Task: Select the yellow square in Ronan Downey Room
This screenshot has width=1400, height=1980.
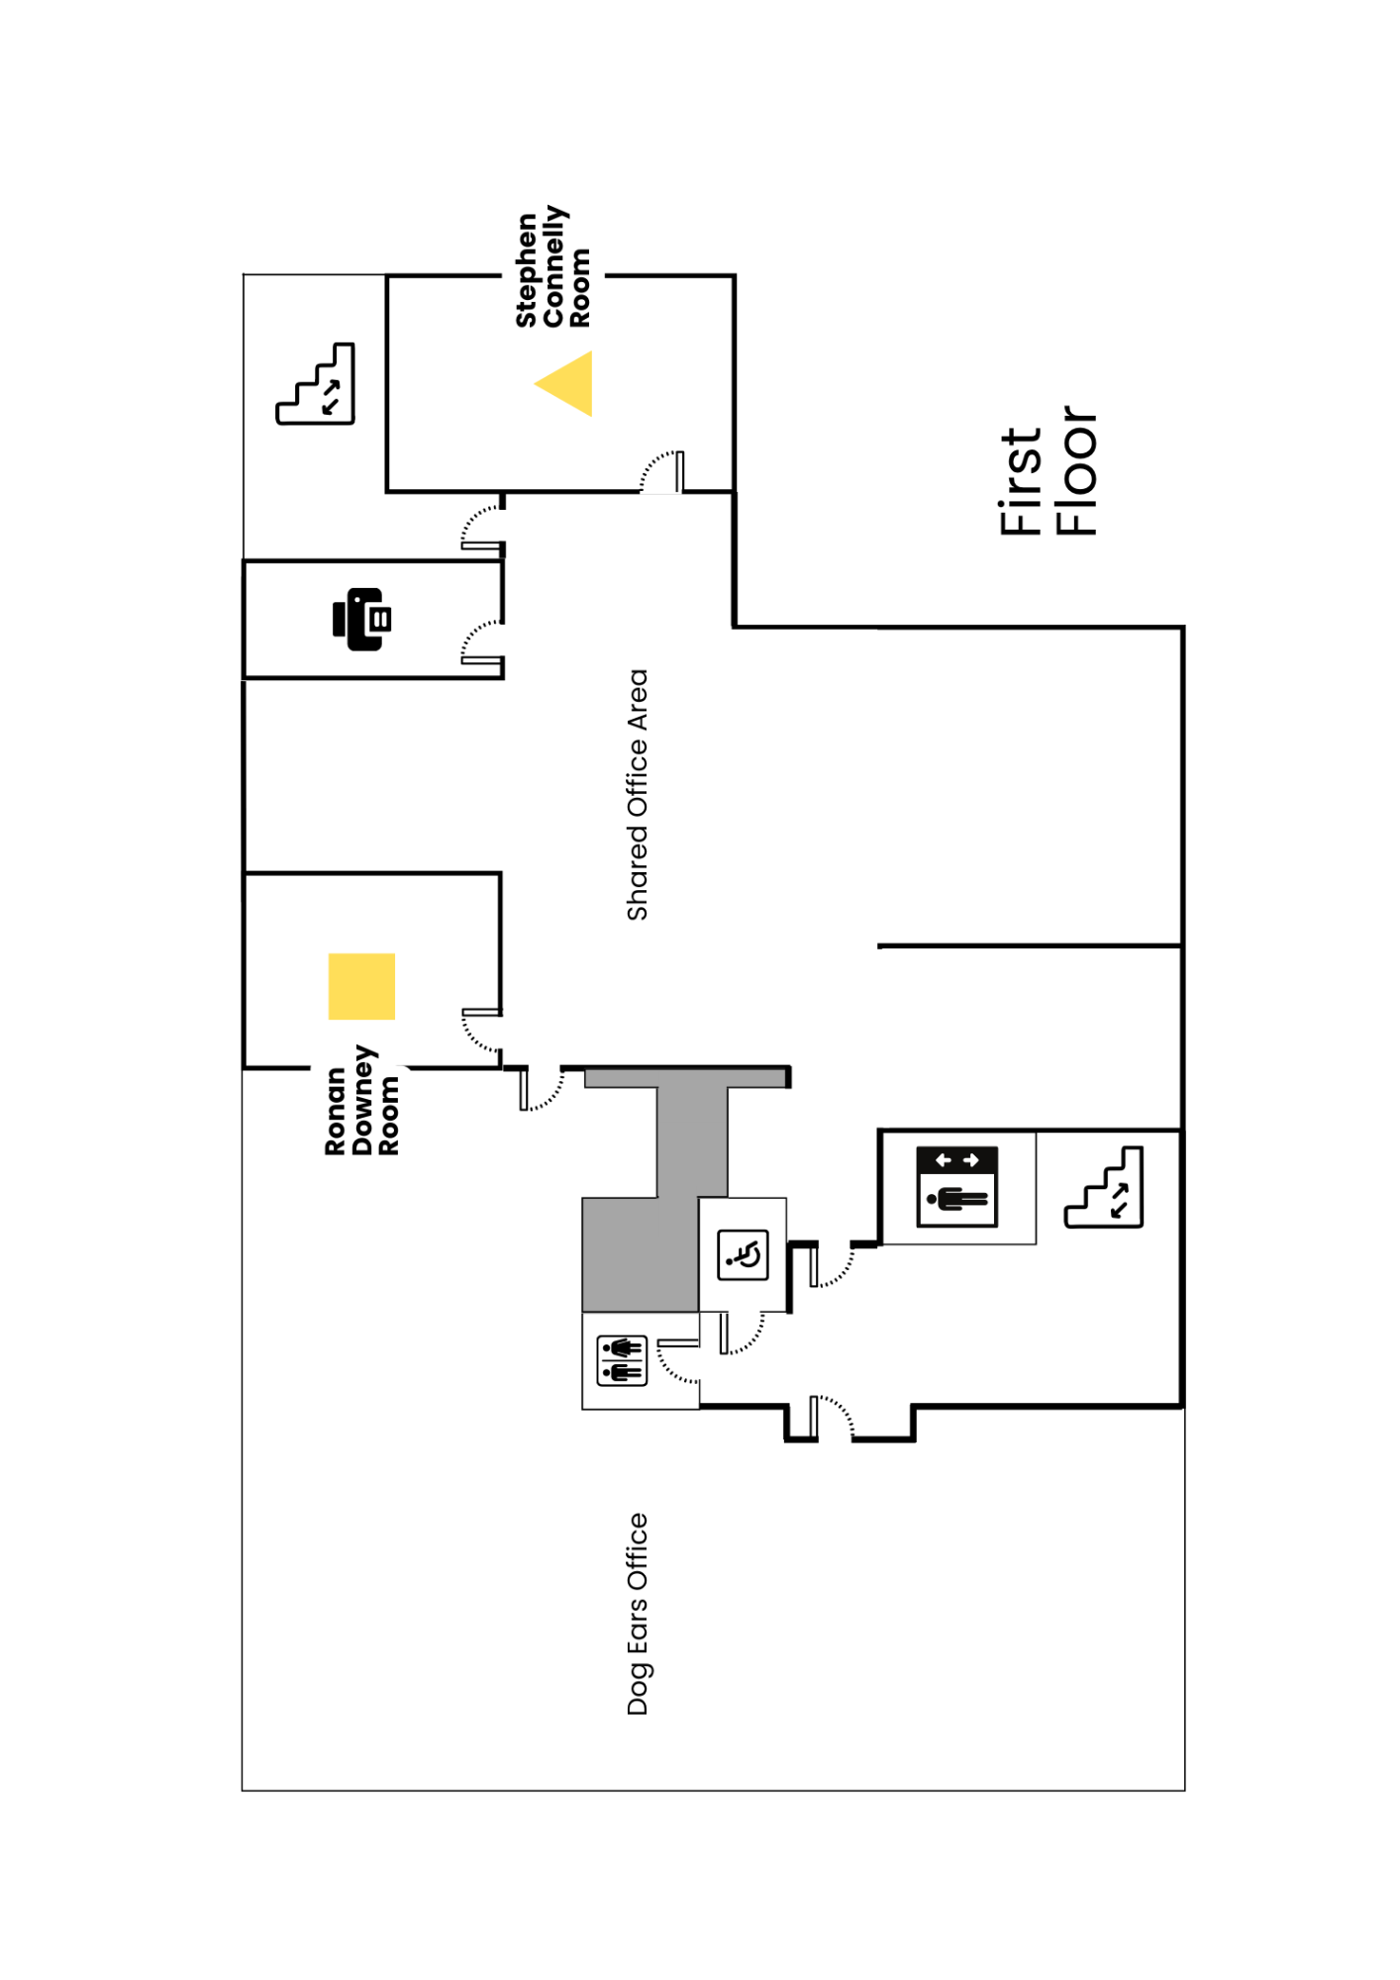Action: click(x=361, y=986)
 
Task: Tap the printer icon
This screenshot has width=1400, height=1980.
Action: click(x=362, y=620)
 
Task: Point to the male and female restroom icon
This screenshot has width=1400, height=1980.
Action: click(x=622, y=1360)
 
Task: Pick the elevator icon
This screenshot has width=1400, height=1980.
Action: click(x=956, y=1186)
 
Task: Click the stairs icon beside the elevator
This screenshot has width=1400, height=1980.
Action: click(x=1104, y=1188)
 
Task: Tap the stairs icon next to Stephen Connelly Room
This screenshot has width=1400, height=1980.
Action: click(x=316, y=384)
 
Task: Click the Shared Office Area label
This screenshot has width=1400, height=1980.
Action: click(x=638, y=795)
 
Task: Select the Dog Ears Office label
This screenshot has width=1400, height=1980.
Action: click(x=638, y=1614)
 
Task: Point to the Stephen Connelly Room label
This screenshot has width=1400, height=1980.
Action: click(x=552, y=267)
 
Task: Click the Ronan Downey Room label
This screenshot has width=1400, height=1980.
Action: click(x=362, y=1100)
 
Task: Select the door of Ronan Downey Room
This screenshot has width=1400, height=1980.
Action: click(x=481, y=1030)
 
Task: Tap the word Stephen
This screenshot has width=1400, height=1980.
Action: click(x=527, y=270)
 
